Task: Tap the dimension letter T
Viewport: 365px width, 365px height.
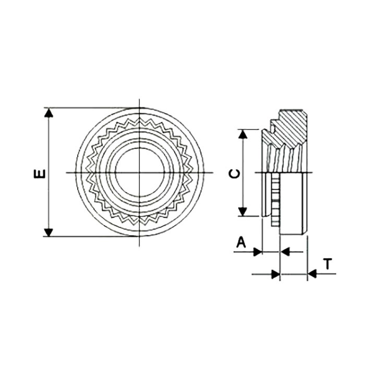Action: click(x=328, y=264)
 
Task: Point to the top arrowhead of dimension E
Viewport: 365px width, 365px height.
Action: click(x=48, y=113)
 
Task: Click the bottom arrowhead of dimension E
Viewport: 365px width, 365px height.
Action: click(x=48, y=233)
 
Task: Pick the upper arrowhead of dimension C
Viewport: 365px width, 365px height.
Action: click(x=243, y=133)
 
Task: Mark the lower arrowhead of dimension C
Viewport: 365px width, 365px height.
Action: click(x=243, y=212)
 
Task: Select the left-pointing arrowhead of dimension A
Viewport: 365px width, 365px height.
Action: click(x=285, y=251)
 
